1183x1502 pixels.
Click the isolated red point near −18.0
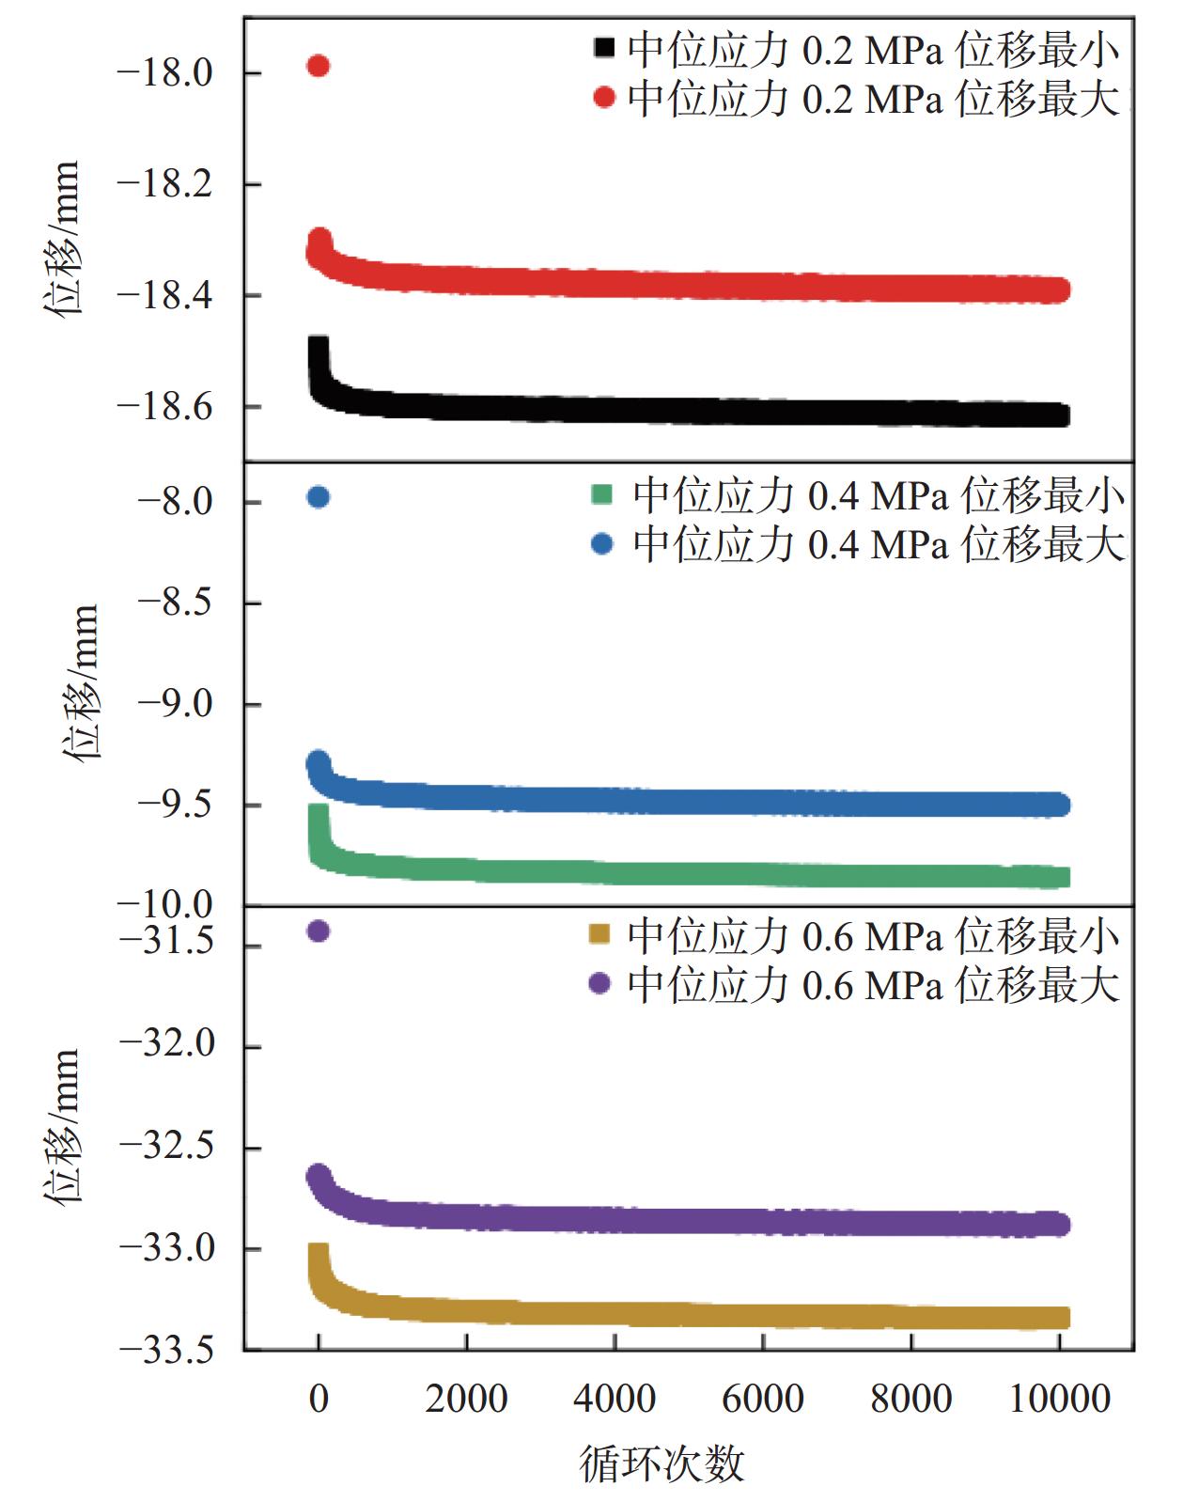tap(319, 66)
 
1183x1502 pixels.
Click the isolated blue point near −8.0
tap(319, 497)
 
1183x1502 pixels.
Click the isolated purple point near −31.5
tap(319, 931)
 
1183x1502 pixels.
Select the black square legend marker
tap(604, 48)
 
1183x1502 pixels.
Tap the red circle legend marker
tap(604, 97)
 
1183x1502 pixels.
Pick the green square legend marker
tap(602, 494)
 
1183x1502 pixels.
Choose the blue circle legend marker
tap(602, 543)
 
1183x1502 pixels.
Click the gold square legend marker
tap(599, 934)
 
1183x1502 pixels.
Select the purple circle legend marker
tap(599, 983)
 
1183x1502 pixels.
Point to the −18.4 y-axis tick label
tap(164, 295)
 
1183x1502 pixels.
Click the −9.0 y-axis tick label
tap(176, 704)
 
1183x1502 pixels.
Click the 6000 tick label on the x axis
tap(762, 1399)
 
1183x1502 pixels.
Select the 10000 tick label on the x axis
tap(1059, 1399)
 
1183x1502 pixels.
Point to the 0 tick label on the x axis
tap(319, 1399)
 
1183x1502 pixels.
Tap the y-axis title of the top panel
tap(62, 240)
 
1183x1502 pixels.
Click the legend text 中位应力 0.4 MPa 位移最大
tap(879, 544)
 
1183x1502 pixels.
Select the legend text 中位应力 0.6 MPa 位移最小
tap(874, 935)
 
